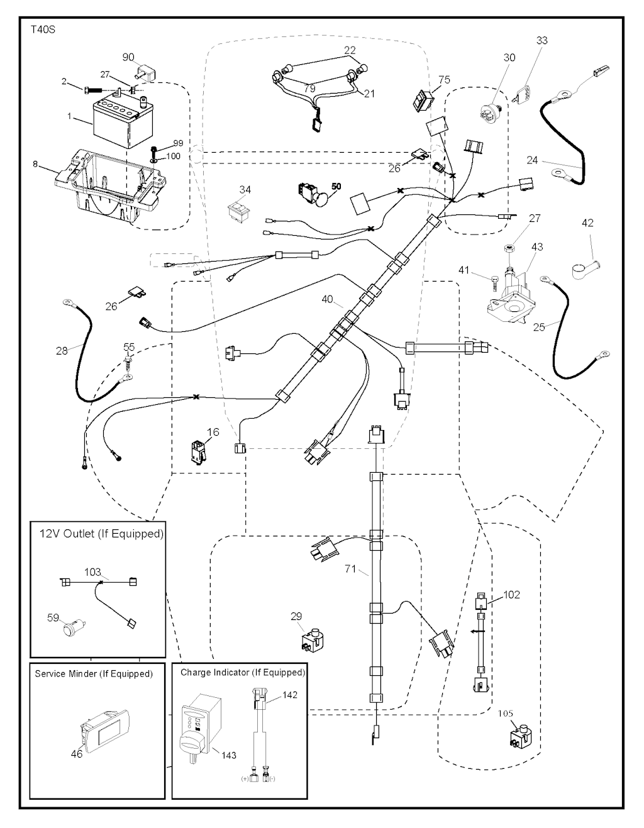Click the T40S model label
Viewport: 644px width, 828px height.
43,30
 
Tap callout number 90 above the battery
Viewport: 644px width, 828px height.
128,57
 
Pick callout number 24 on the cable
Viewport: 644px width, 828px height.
532,160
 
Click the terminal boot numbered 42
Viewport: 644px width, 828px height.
585,269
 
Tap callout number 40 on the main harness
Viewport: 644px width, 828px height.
327,300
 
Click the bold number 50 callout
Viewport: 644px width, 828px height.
336,187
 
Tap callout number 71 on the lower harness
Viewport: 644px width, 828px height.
350,569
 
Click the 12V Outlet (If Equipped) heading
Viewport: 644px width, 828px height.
101,534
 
